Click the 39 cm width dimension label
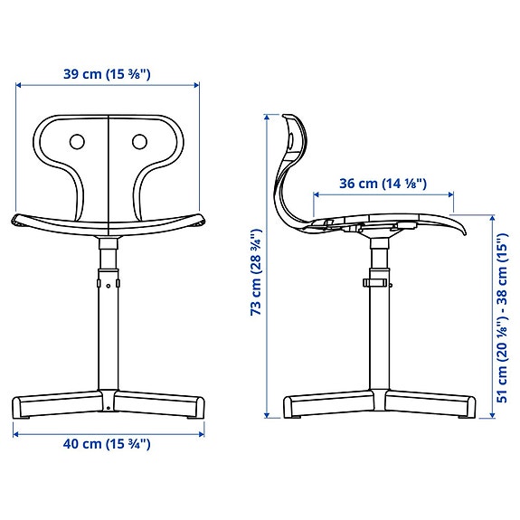coord(107,75)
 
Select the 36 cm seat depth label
coord(383,184)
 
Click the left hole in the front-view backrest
coord(77,141)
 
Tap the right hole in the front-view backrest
coord(139,141)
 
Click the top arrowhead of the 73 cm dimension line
coord(267,117)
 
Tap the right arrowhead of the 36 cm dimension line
coord(452,194)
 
